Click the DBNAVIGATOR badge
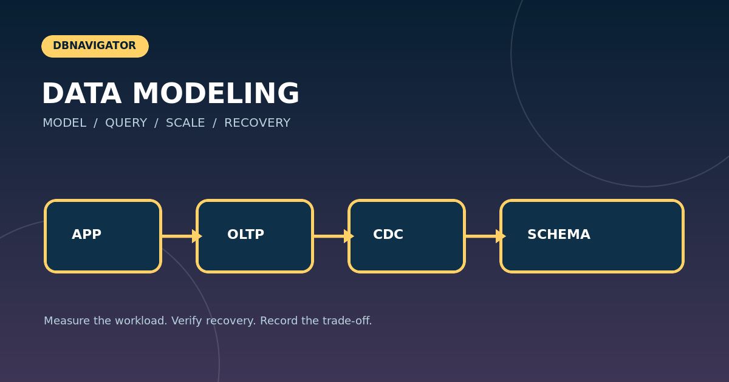(95, 46)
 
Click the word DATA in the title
(81, 93)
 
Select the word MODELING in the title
(216, 93)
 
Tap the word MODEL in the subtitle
(64, 122)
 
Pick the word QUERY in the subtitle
(126, 122)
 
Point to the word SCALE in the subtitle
(185, 122)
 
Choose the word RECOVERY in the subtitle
(257, 122)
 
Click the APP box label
(86, 234)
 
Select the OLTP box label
(245, 234)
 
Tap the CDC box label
(388, 234)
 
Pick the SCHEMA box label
(559, 234)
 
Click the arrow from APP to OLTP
(182, 236)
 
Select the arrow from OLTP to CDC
(334, 236)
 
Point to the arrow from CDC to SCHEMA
(485, 236)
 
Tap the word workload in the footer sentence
(141, 321)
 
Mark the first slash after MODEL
(96, 123)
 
